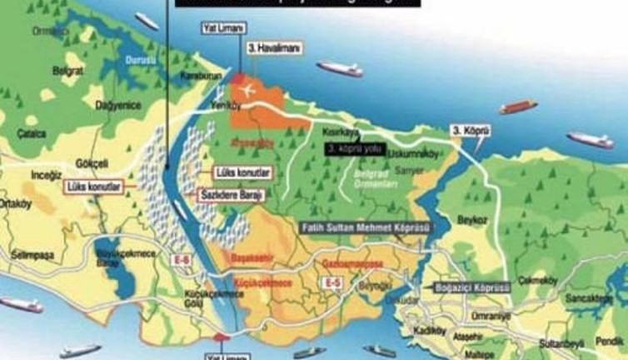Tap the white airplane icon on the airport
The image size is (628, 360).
[247, 89]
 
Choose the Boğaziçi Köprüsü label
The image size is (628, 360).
[472, 287]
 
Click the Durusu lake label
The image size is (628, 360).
[136, 60]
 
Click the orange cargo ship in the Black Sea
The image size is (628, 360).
[518, 107]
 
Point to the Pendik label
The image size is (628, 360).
[611, 340]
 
